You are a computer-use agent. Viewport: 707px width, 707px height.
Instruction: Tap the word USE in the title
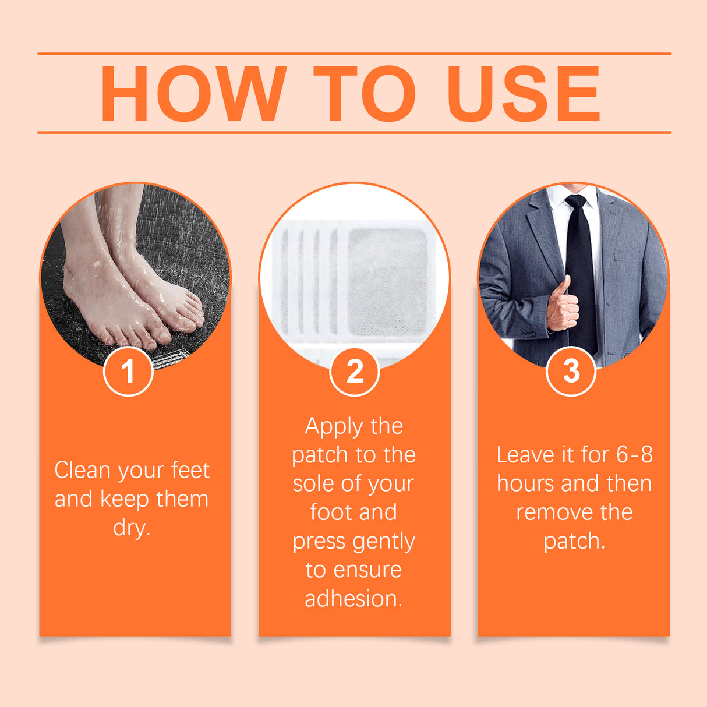[523, 94]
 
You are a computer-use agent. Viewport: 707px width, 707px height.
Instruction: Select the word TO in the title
[365, 94]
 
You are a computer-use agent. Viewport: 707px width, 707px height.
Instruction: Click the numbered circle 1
[128, 371]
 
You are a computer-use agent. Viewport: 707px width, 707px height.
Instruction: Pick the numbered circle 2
[354, 371]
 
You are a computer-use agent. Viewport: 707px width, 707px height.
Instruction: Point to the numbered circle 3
[571, 371]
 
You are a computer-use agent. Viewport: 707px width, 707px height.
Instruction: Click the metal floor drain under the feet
[172, 358]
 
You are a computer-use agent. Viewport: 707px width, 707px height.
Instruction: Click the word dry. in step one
[132, 528]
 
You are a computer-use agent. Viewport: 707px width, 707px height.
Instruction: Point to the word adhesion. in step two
[353, 599]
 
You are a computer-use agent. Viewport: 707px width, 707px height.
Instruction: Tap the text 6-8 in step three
[634, 455]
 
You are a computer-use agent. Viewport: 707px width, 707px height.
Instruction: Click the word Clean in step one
[82, 470]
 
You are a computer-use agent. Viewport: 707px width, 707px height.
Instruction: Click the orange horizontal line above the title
[354, 54]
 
